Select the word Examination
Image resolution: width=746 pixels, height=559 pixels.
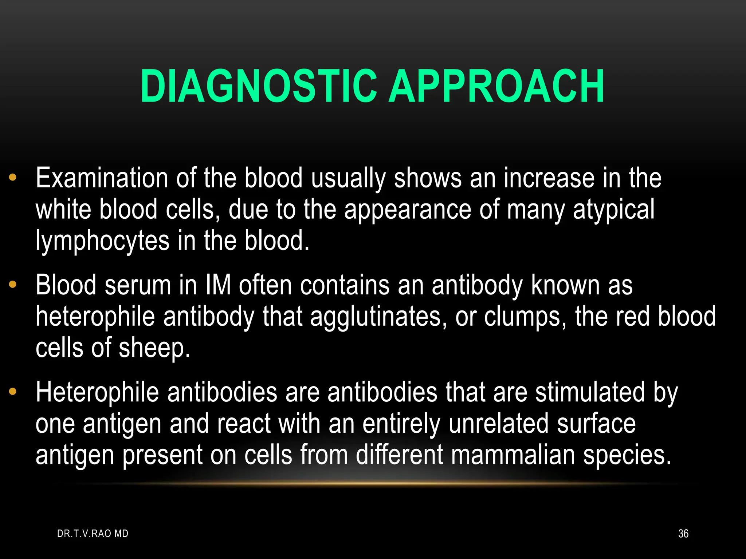[x=102, y=178]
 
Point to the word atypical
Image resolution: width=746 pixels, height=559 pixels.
[x=613, y=210]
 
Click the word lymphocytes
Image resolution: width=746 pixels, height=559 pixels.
[x=103, y=241]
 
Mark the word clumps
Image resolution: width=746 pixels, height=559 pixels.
[x=525, y=317]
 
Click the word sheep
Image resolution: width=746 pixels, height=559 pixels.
[x=154, y=348]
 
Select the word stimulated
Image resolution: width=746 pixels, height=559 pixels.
[x=590, y=392]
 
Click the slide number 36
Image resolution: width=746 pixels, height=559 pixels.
[x=683, y=534]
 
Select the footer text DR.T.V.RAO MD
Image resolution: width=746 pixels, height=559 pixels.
[x=93, y=534]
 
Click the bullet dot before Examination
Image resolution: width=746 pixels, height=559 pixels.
[x=13, y=178]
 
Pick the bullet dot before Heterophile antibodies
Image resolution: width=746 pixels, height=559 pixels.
[x=13, y=392]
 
